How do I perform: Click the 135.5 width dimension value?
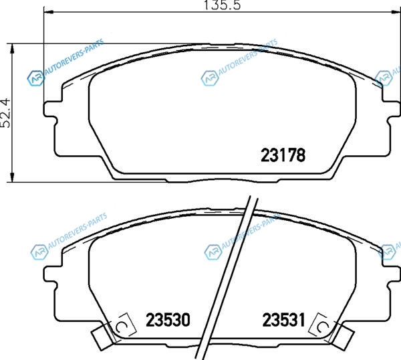pos(223,5)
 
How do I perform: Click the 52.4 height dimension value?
pos(5,113)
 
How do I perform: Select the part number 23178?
pos(283,155)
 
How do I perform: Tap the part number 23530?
pos(168,320)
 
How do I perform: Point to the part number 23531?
pos(283,320)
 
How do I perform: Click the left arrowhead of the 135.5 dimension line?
pos(48,11)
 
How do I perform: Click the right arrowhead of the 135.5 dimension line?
pos(396,11)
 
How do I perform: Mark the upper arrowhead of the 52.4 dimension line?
pos(12,49)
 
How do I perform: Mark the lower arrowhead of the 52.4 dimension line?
pos(12,177)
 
